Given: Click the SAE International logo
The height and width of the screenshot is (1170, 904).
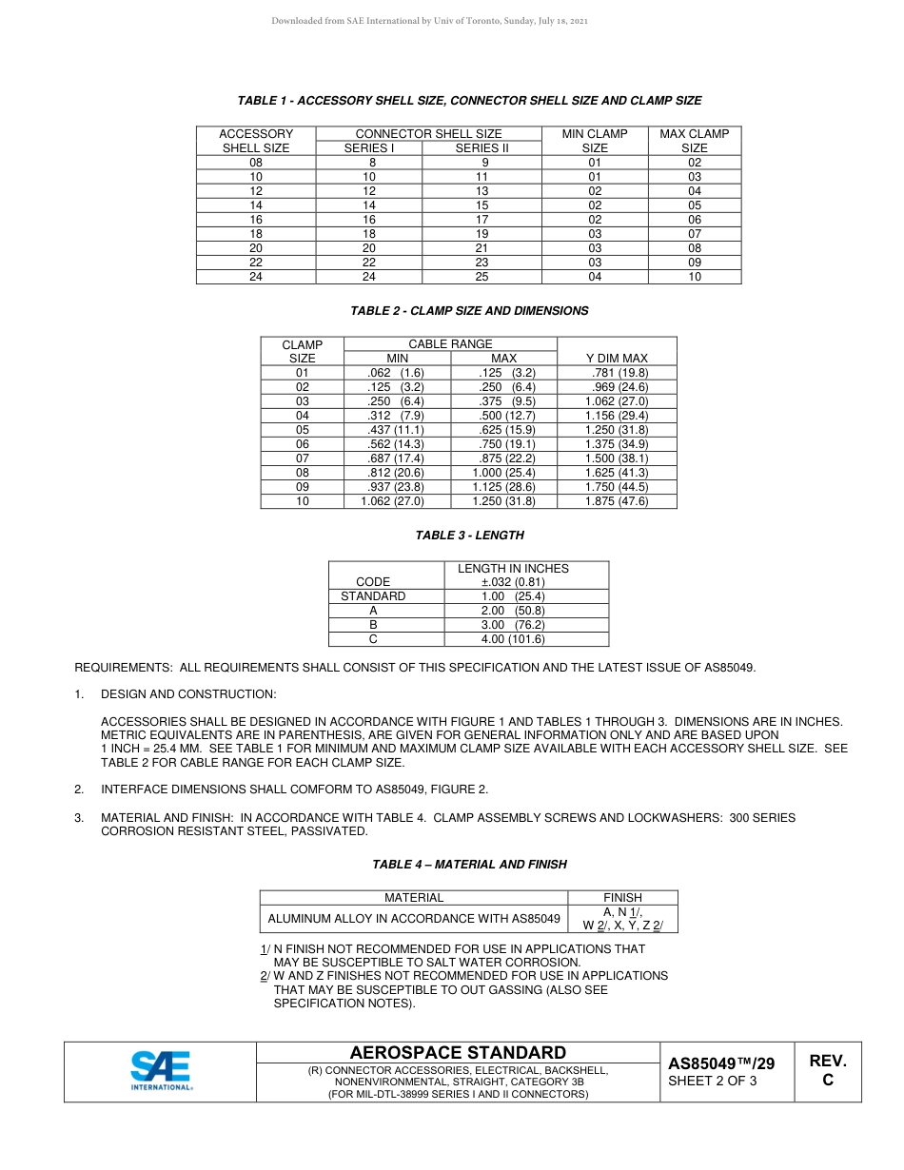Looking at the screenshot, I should [160, 1070].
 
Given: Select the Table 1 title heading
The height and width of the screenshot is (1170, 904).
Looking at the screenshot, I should [469, 101].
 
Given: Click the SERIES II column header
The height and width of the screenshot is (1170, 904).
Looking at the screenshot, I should [482, 148].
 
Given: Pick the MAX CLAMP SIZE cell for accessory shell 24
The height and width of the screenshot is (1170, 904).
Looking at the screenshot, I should [695, 277].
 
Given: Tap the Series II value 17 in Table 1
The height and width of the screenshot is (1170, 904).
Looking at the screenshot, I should [482, 220].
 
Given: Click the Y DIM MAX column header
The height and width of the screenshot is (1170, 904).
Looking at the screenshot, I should [617, 359].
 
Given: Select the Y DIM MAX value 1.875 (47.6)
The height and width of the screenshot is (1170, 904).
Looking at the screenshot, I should [617, 501].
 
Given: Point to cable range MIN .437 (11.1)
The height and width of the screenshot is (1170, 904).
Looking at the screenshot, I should [397, 430].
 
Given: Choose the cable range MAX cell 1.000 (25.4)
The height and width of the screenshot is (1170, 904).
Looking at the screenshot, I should [503, 473].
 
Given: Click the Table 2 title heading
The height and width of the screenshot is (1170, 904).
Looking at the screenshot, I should [469, 311].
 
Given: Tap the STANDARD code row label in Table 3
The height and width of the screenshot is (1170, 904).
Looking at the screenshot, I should [373, 596].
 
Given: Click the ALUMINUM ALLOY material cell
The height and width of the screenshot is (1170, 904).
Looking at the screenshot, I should [414, 919].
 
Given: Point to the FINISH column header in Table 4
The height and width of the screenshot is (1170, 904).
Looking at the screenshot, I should [622, 897].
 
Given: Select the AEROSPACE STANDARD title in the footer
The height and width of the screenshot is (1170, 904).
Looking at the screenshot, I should [458, 1053].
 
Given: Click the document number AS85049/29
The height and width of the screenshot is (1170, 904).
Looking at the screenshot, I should [721, 1063].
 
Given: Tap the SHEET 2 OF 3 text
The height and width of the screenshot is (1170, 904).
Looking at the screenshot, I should [713, 1081].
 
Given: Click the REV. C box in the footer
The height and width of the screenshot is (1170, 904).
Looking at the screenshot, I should [827, 1070].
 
